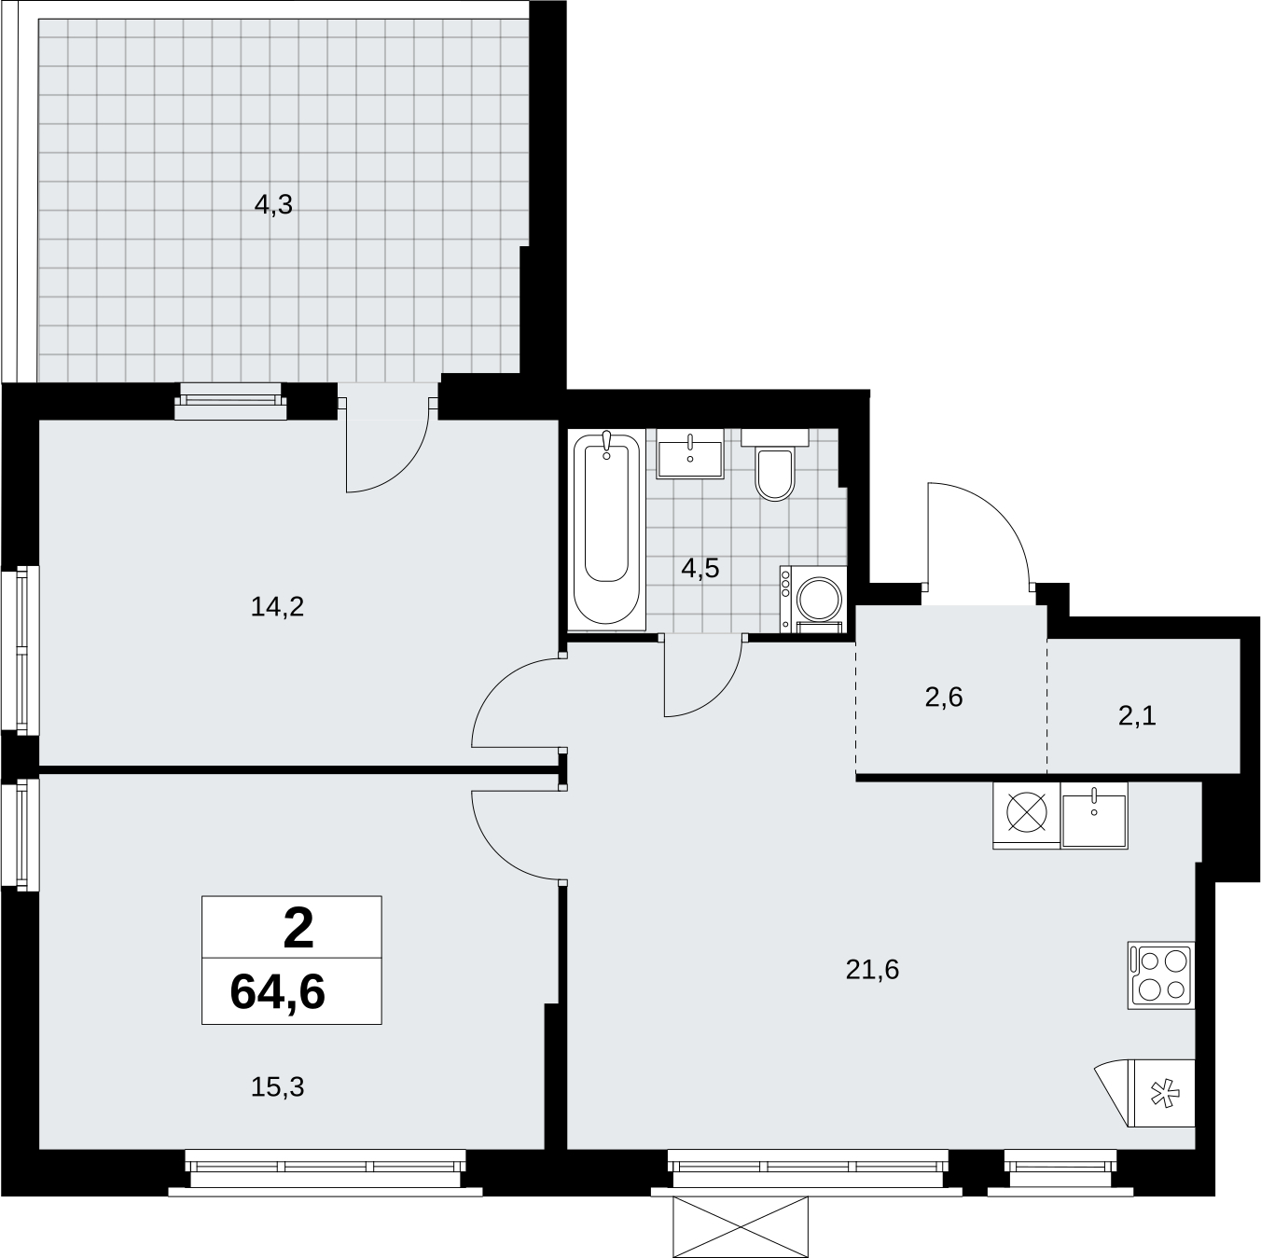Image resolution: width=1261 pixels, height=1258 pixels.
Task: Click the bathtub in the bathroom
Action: click(x=606, y=530)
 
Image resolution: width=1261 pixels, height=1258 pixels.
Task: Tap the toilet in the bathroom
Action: click(x=775, y=464)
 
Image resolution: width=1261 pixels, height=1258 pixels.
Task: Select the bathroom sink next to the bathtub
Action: click(x=690, y=453)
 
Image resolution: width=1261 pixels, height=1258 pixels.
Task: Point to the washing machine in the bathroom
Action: click(x=812, y=600)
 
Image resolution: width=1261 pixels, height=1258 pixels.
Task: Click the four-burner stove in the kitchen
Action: click(x=1161, y=975)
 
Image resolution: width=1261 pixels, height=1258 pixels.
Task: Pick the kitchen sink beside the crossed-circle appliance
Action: click(x=1094, y=816)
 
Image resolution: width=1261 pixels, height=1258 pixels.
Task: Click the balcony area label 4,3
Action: click(x=273, y=205)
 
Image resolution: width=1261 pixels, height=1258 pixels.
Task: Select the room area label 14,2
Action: click(x=277, y=607)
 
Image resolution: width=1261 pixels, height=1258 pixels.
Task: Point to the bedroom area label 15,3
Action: click(x=277, y=1087)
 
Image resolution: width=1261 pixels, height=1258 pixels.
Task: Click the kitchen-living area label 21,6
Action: click(x=872, y=969)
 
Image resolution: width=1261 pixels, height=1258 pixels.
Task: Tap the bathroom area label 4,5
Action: click(x=700, y=569)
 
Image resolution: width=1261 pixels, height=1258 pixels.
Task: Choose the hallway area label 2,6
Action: click(x=944, y=698)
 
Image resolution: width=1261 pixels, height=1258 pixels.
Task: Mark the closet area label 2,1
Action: click(x=1137, y=717)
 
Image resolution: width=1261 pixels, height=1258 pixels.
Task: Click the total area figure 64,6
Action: click(x=277, y=992)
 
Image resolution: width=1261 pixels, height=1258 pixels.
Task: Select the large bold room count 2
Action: click(x=298, y=930)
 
